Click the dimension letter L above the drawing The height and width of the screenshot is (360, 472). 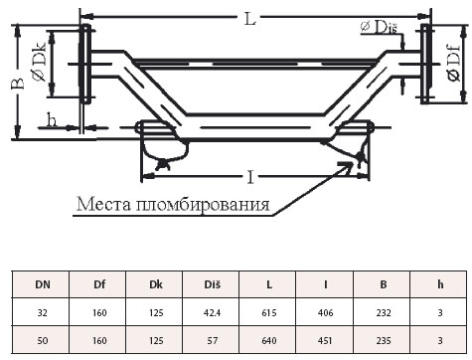250,19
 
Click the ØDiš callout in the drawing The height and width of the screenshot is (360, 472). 379,27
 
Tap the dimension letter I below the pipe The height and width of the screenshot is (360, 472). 250,177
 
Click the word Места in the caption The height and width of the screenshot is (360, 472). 103,204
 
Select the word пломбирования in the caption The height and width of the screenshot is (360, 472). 203,205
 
